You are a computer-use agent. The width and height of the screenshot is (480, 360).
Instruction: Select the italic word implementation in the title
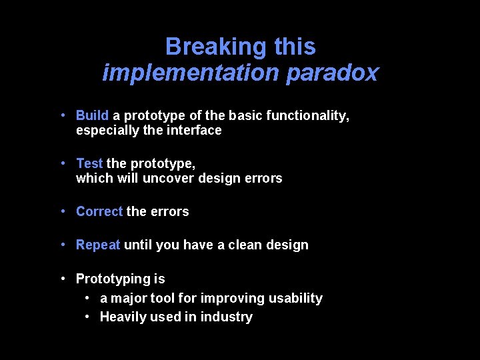tap(191, 73)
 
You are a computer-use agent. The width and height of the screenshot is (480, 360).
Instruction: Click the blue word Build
tap(92, 116)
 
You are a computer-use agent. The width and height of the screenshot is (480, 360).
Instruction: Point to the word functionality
tap(307, 116)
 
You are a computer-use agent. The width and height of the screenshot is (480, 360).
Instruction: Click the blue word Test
tap(89, 163)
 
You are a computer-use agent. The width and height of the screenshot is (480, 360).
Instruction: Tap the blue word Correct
tap(99, 211)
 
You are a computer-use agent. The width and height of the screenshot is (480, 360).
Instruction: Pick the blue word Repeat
tap(98, 245)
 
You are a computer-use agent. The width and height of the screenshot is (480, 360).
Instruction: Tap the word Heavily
tap(123, 317)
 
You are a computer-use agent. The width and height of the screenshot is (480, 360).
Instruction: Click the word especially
tap(108, 131)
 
